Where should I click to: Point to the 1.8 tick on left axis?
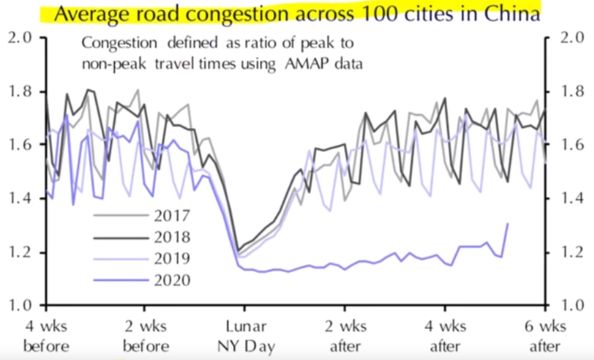click(x=22, y=91)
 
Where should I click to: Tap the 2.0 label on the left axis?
click(x=22, y=37)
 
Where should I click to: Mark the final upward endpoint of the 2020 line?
click(x=507, y=223)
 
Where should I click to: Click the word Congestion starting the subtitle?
click(x=119, y=43)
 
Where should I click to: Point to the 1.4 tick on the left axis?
click(x=22, y=199)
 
